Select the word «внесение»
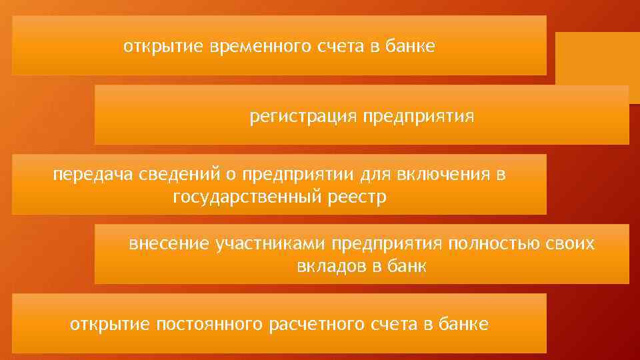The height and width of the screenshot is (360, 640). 168,244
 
